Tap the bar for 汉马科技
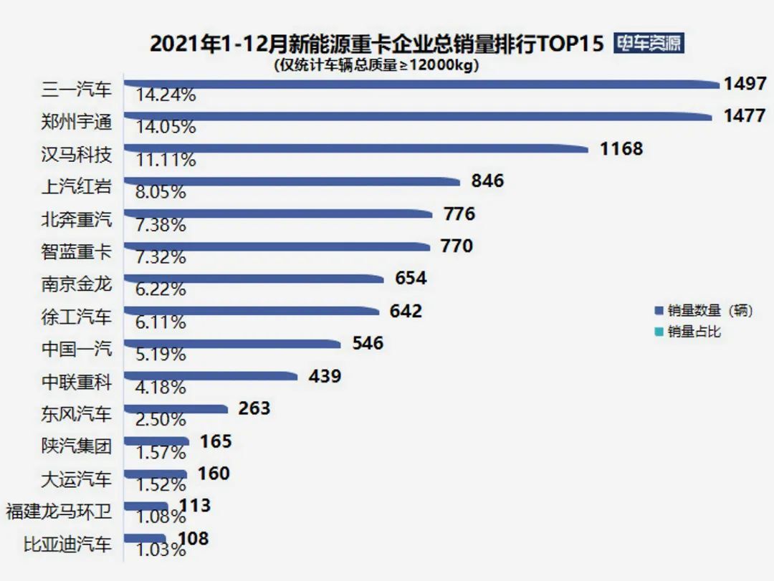356,149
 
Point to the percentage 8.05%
161,192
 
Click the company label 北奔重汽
77,219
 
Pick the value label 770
456,246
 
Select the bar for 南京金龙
258,278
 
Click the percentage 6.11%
161,322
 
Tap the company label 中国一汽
77,349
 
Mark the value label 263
254,408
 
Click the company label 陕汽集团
77,446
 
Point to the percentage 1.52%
161,484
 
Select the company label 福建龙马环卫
59,512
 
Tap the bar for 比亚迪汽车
145,538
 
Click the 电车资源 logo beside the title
649,43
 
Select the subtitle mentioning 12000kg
376,65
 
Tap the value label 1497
745,84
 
